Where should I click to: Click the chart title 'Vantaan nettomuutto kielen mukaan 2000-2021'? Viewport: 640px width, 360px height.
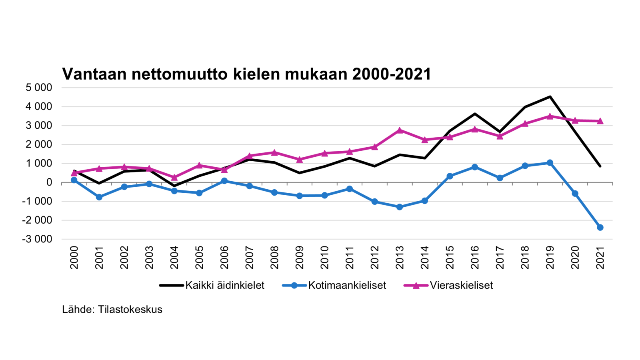click(x=246, y=74)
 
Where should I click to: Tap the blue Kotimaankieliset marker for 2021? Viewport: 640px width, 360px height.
click(x=600, y=228)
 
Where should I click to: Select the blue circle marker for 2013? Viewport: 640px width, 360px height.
click(x=400, y=207)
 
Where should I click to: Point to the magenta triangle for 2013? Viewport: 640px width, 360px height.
click(x=400, y=130)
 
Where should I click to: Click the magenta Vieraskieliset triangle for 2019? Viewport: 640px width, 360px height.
click(x=550, y=116)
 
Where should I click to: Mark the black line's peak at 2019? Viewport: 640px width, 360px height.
click(x=550, y=96)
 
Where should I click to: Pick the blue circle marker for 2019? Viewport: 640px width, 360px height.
click(x=550, y=163)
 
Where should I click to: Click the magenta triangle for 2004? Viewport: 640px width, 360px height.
click(x=174, y=177)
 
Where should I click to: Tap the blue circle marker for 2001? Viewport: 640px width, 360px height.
click(x=99, y=197)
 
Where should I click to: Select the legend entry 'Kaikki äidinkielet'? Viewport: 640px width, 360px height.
click(x=225, y=285)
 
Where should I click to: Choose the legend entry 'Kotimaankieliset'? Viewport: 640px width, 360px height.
click(x=347, y=285)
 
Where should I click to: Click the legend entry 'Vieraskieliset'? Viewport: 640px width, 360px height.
click(x=461, y=285)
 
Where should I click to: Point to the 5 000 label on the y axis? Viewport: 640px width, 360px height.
click(x=39, y=88)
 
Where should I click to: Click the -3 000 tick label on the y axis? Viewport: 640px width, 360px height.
click(x=37, y=239)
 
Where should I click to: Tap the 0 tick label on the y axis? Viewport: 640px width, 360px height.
click(x=49, y=182)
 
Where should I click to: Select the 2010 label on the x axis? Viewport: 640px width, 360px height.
click(x=324, y=257)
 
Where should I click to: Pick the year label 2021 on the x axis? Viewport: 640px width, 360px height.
click(x=600, y=257)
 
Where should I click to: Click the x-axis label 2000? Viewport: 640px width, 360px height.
click(x=74, y=257)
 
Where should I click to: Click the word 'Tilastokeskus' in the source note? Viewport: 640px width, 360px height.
click(x=130, y=310)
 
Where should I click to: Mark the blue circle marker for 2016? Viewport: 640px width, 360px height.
click(x=475, y=167)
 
